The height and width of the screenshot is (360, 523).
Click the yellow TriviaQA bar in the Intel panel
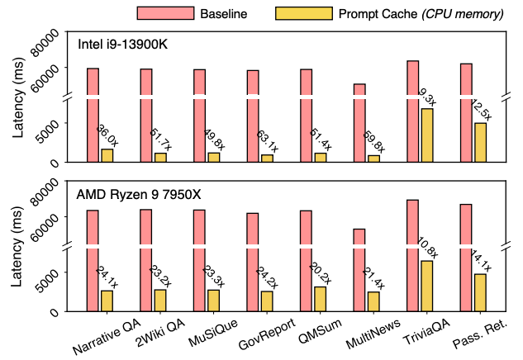tap(426, 135)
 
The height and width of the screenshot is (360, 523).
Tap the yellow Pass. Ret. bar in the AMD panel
tap(479, 292)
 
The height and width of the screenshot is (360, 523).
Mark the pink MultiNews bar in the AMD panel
tap(359, 269)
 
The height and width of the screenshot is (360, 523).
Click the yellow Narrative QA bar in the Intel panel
tap(107, 155)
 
